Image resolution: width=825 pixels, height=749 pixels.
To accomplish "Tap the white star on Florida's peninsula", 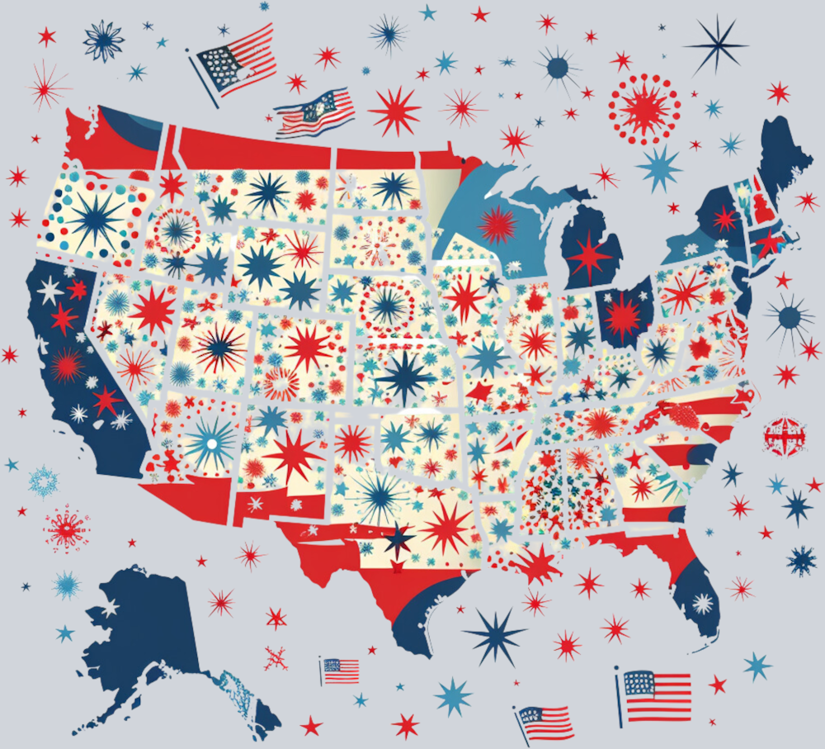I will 704,604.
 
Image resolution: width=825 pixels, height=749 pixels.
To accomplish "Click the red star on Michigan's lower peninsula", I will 589,256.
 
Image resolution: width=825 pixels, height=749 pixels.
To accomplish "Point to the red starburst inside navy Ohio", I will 623,315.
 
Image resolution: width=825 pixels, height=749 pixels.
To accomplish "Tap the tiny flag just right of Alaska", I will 340,670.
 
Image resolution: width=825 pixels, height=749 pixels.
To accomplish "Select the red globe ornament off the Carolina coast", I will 784,435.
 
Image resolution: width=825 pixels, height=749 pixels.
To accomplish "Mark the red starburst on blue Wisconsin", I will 497,225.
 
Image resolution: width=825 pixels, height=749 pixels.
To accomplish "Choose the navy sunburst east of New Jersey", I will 790,316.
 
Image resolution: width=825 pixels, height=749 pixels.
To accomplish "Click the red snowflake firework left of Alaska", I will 66,529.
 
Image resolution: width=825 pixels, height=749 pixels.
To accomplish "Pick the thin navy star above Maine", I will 715,45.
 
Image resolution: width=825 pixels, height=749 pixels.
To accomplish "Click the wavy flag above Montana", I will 315,111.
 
